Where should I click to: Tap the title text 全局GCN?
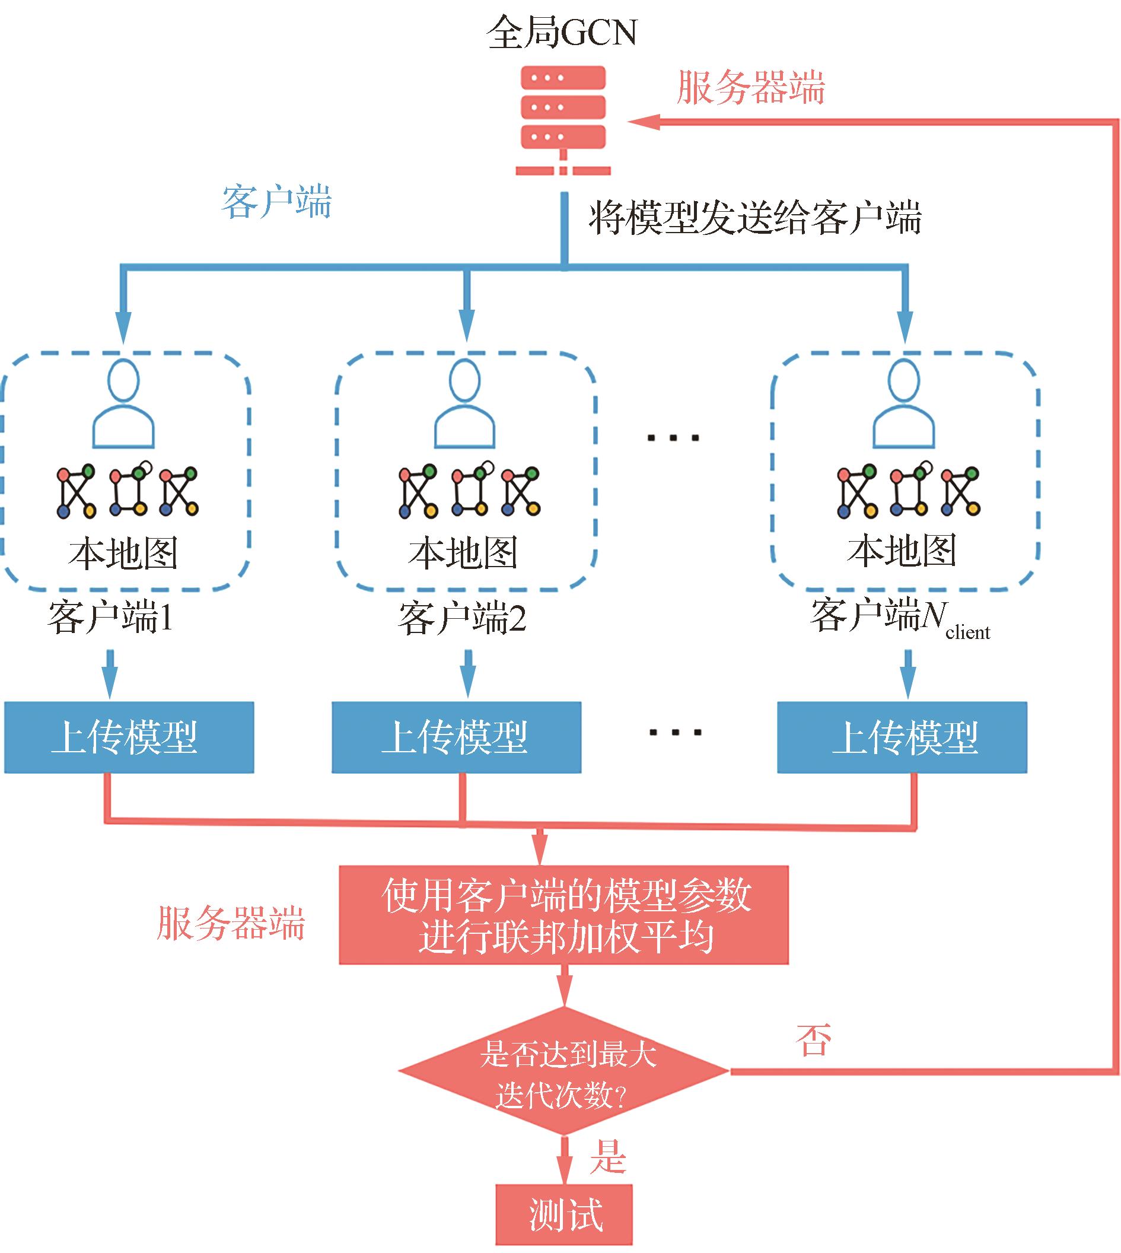tap(561, 32)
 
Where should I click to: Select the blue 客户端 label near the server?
tap(276, 202)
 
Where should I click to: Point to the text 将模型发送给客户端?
tap(754, 218)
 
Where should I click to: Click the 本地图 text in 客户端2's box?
tap(463, 552)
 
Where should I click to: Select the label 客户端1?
tap(111, 618)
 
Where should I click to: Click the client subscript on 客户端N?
tap(967, 632)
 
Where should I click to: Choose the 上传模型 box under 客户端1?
tap(129, 737)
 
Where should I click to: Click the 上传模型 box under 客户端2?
tap(456, 737)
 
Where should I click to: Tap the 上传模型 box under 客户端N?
tap(902, 737)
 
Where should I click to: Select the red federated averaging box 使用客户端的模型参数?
tap(563, 915)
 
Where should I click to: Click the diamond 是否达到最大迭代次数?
tap(563, 1071)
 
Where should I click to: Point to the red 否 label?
tap(813, 1041)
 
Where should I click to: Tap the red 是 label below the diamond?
tap(608, 1156)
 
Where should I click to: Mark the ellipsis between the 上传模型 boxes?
tap(676, 733)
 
